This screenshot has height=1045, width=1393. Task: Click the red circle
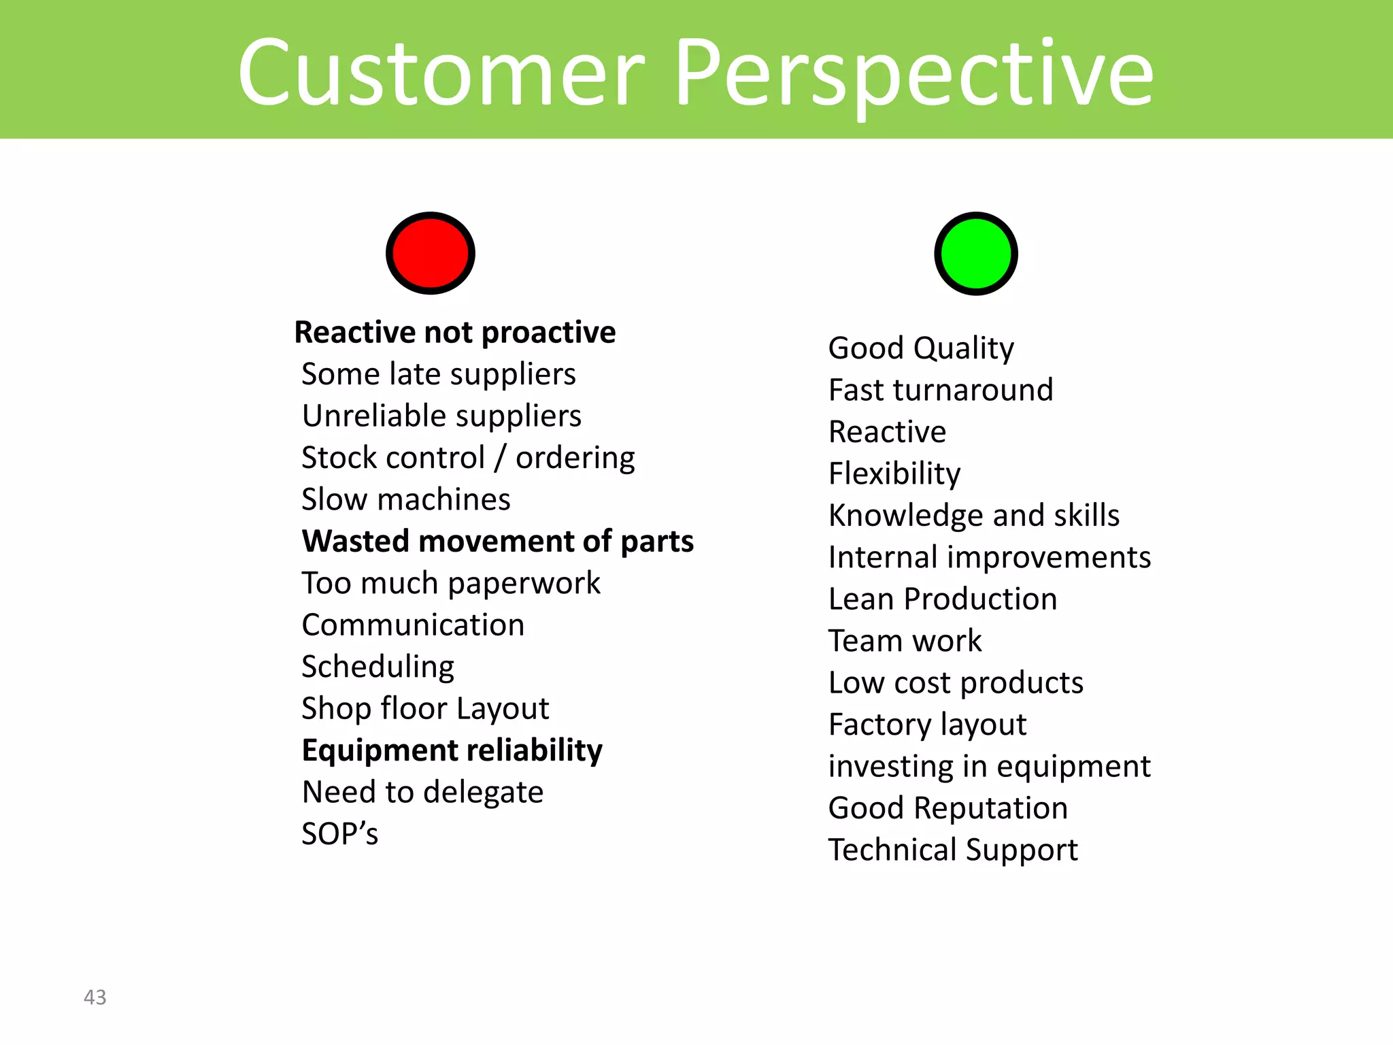pos(430,253)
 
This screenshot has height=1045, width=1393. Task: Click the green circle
pos(975,253)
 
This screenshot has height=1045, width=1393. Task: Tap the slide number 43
pos(95,997)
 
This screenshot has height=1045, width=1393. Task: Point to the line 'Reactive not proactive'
pos(455,333)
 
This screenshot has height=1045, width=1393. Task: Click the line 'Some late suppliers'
pos(439,374)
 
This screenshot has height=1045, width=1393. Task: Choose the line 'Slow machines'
pos(406,499)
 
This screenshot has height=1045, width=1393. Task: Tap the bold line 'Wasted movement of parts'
pos(498,542)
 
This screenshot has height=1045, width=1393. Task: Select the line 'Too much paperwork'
pos(451,583)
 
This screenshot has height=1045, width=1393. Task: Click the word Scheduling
pos(378,667)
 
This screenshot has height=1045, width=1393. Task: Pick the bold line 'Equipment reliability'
pos(452,750)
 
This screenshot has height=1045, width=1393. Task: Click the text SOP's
pos(339,834)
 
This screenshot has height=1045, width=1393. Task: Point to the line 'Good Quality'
pos(921,348)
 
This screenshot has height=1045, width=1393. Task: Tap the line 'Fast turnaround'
pos(941,391)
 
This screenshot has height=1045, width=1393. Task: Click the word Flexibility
pos(894,474)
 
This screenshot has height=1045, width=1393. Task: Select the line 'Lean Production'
pos(943,599)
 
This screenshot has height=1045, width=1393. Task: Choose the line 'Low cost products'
pos(956,683)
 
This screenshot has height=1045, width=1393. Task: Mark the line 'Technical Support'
pos(953,850)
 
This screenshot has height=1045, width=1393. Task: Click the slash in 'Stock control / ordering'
pos(501,458)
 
